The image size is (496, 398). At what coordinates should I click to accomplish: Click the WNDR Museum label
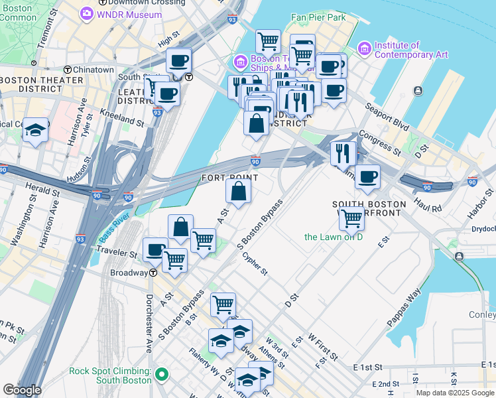point(129,15)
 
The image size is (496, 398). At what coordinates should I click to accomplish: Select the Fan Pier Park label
point(318,17)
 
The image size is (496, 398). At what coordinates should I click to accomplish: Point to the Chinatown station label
point(93,70)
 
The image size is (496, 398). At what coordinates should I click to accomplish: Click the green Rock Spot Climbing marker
point(160,376)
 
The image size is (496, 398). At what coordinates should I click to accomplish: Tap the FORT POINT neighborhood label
point(229,178)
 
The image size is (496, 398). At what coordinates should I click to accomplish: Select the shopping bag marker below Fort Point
point(238,191)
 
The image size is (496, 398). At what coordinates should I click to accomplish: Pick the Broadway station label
point(128,273)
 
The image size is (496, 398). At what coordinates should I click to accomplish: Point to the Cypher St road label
point(255,263)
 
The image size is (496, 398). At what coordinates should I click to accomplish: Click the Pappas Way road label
point(405,305)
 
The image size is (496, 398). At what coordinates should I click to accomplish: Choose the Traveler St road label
point(116,251)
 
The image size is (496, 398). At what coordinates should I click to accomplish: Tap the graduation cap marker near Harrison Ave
point(35,130)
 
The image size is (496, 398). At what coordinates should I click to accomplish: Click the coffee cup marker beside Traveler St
point(155,250)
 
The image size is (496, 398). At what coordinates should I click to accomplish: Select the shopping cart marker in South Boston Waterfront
point(351,218)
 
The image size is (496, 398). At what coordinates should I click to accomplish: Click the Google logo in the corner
point(22,390)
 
